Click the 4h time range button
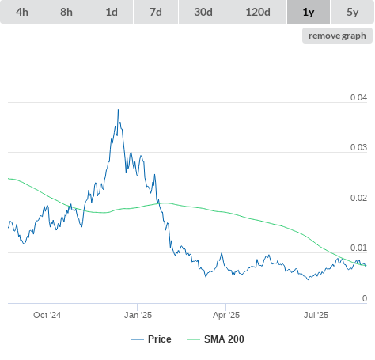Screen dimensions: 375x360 [22, 12]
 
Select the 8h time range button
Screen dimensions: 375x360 [66, 12]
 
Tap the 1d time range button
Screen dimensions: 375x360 [112, 12]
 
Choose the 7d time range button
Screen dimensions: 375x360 [156, 12]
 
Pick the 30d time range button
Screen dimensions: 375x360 [203, 12]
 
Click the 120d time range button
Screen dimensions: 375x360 [258, 12]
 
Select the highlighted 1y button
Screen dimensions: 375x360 [309, 12]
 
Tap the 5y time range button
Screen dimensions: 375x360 [353, 12]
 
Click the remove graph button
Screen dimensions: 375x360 [337, 36]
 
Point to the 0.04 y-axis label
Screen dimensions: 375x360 [358, 97]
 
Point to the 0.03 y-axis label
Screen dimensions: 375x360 [358, 147]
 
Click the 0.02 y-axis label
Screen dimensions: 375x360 [358, 198]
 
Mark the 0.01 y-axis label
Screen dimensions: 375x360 [358, 248]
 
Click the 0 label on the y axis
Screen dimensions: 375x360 [365, 298]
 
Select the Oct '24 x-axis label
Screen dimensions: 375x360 [47, 315]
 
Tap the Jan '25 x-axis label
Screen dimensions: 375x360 [138, 315]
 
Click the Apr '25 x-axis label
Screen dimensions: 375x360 [226, 315]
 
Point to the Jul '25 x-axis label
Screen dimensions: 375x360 [316, 315]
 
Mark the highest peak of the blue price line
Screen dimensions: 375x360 [118, 110]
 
